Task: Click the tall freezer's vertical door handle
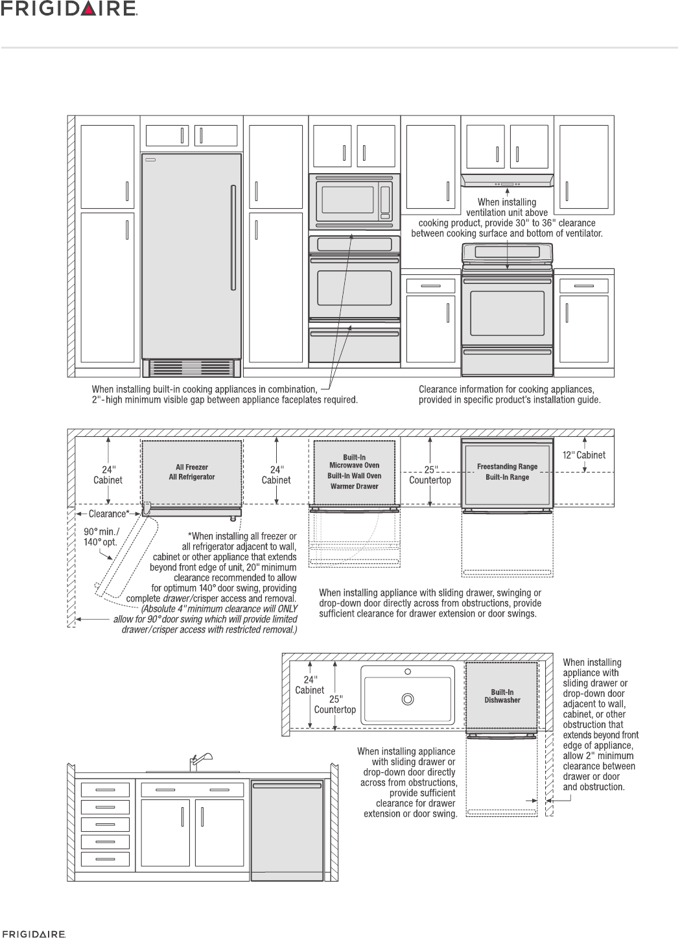232,237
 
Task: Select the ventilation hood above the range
507,180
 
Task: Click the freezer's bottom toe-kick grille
191,368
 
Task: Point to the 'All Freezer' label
192,467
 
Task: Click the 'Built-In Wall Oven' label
354,476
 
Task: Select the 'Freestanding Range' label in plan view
507,466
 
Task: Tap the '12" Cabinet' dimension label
583,455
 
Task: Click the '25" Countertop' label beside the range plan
430,475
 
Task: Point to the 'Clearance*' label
108,514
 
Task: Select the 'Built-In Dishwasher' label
502,696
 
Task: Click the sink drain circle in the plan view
408,699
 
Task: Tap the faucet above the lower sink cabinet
198,760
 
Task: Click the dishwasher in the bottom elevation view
287,830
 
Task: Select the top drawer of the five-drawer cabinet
104,790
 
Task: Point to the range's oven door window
507,313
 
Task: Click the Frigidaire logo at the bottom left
33,934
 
